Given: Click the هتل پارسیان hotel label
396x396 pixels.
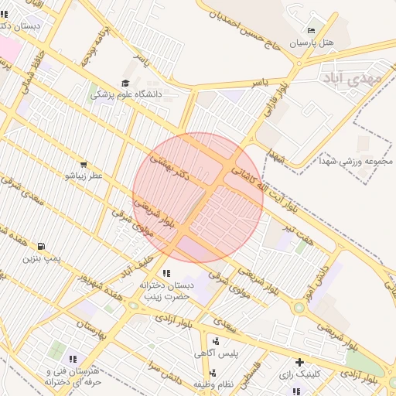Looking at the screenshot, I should coord(312,43).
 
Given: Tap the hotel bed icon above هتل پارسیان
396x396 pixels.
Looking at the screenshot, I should coord(312,29).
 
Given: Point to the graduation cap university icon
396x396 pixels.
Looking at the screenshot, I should coord(125,83).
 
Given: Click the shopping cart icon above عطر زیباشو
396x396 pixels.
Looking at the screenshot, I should coord(83,164).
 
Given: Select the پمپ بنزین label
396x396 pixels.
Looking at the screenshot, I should coord(41,257).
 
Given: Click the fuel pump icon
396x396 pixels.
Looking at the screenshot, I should coord(41,245).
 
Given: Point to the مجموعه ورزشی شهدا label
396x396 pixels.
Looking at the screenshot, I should coord(355,162).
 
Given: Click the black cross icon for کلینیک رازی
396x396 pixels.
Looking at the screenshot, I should coord(300,362).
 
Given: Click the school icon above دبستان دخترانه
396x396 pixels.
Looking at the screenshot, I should coord(166,273).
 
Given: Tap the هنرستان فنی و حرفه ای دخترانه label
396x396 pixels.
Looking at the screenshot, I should coord(73,376).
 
